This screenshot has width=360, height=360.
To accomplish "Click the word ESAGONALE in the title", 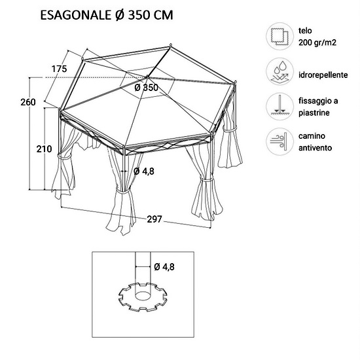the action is [x=75, y=15].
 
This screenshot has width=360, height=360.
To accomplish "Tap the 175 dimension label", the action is [x=59, y=69].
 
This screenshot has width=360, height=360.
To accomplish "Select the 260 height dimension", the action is [x=28, y=102].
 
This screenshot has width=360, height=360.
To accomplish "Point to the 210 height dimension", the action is [x=44, y=149].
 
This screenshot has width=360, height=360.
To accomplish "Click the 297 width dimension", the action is [x=154, y=219].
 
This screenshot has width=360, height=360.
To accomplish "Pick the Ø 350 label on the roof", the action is [x=147, y=88].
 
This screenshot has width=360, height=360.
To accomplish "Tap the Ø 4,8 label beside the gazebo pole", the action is [x=144, y=171].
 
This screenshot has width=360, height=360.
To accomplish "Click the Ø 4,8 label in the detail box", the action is [x=164, y=267].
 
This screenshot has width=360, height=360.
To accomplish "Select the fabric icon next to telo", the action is [x=279, y=36].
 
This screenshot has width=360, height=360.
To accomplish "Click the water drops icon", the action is [x=279, y=71].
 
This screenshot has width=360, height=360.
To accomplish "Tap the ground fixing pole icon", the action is [x=279, y=107].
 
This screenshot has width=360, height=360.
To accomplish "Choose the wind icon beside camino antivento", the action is [x=279, y=141].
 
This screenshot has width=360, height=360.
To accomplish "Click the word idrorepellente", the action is [x=323, y=75].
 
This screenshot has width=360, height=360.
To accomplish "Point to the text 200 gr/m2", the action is [x=317, y=43].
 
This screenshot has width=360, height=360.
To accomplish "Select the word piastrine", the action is [x=314, y=113].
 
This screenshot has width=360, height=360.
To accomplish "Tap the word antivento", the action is [x=315, y=148].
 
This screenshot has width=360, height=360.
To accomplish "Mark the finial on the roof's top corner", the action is [x=171, y=45].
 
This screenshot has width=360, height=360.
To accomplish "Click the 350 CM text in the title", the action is [x=151, y=15].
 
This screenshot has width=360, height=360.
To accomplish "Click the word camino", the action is [x=312, y=136].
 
